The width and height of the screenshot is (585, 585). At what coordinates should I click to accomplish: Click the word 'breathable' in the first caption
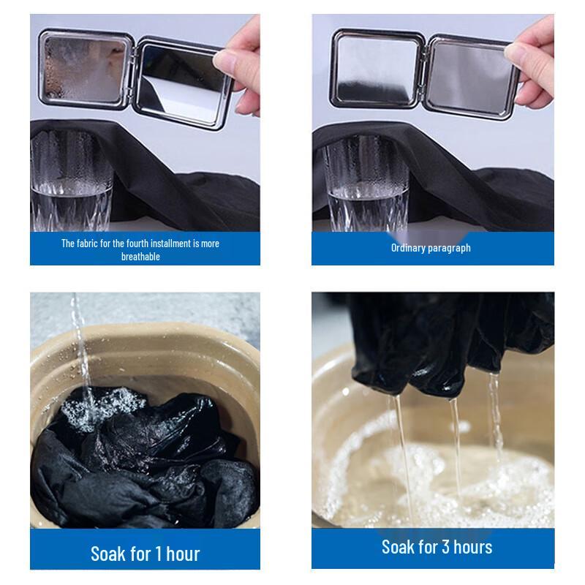(140, 257)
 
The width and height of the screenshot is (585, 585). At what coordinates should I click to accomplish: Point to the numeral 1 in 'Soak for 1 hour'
(159, 554)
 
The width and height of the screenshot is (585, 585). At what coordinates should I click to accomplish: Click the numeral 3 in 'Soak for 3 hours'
(445, 547)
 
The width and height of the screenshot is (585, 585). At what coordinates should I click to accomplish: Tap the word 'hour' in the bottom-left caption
(183, 554)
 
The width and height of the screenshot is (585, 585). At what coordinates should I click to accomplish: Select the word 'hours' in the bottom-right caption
(472, 547)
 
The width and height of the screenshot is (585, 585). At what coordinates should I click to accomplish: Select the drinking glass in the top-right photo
(367, 184)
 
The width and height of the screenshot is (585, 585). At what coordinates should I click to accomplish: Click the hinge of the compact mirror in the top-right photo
(423, 72)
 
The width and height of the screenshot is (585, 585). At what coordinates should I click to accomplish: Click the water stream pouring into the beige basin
(83, 355)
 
